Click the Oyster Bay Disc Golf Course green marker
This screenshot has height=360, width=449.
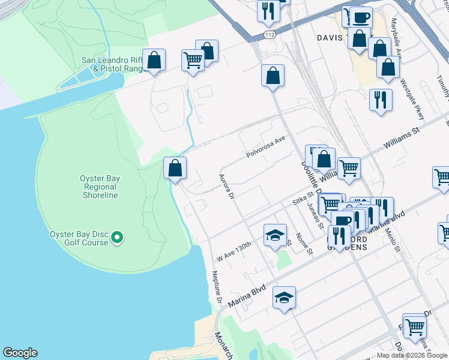(x=118, y=239)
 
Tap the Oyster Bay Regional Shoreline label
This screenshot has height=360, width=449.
(x=99, y=187)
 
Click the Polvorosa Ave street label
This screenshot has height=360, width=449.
(x=265, y=148)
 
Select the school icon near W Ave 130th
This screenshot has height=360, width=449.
(x=275, y=235)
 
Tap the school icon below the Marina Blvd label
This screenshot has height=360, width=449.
(x=284, y=298)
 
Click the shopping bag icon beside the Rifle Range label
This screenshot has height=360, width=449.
(x=154, y=60)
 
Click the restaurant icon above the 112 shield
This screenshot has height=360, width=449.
(x=268, y=10)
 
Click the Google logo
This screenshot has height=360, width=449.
(x=20, y=353)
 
